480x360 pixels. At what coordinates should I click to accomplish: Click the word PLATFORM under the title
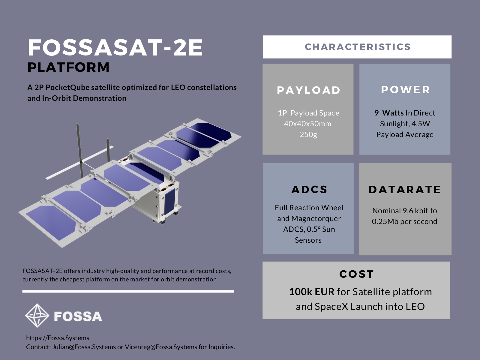68,67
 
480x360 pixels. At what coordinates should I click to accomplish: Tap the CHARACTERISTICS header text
357,47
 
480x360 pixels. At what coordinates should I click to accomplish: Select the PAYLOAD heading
308,90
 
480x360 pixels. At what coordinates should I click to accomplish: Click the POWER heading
405,89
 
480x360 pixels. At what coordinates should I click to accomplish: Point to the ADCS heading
309,189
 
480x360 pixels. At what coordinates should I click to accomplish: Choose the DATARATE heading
405,189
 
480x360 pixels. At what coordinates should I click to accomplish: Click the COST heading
356,274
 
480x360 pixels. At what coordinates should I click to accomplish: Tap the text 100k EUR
311,292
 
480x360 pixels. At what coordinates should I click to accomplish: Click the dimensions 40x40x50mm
308,124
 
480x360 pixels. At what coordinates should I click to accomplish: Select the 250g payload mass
308,134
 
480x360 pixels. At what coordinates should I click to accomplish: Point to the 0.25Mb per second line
404,221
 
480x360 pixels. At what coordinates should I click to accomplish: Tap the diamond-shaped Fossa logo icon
37,315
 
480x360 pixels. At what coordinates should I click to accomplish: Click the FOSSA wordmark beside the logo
78,316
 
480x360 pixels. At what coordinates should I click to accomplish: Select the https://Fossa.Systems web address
58,338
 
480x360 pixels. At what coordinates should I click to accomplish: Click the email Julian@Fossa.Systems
84,347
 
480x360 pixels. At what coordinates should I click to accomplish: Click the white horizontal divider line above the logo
128,291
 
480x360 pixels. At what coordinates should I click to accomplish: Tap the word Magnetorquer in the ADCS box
316,218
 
